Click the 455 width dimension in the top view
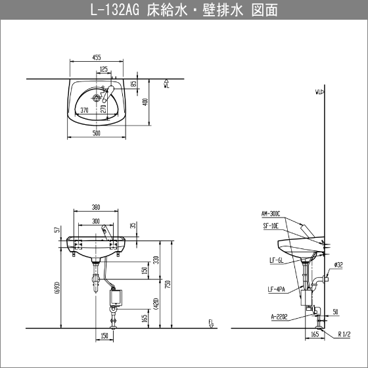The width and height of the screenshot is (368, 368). [97, 57]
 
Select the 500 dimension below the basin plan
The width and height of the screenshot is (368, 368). [97, 133]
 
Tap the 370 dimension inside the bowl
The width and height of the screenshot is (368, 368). [84, 110]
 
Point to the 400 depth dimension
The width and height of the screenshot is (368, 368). [145, 102]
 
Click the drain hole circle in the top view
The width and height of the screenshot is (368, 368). [96, 97]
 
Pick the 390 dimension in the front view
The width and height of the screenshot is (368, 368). [96, 207]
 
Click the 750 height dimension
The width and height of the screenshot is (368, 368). [168, 285]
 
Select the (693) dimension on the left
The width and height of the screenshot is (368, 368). [58, 288]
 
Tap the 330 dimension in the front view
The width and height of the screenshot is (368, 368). [156, 260]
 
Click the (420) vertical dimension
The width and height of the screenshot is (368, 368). [157, 304]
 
